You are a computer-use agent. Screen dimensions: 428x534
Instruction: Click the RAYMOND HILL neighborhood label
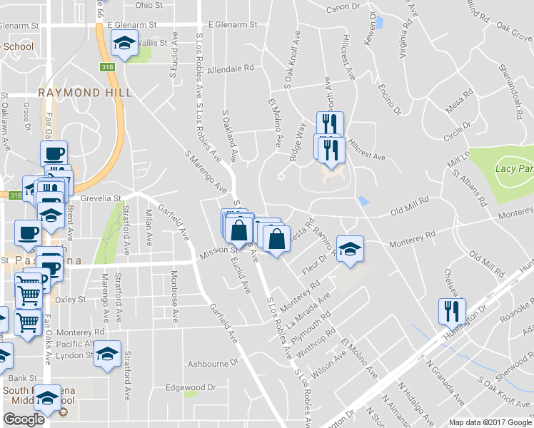(85, 93)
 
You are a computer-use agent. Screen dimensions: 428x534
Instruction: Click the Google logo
(24, 419)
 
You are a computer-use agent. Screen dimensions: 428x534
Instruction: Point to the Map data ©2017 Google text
(490, 422)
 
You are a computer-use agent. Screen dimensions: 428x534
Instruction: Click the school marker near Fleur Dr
(350, 249)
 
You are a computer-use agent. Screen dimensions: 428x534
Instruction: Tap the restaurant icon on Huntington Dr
(453, 310)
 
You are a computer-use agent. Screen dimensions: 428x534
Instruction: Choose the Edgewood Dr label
(190, 387)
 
